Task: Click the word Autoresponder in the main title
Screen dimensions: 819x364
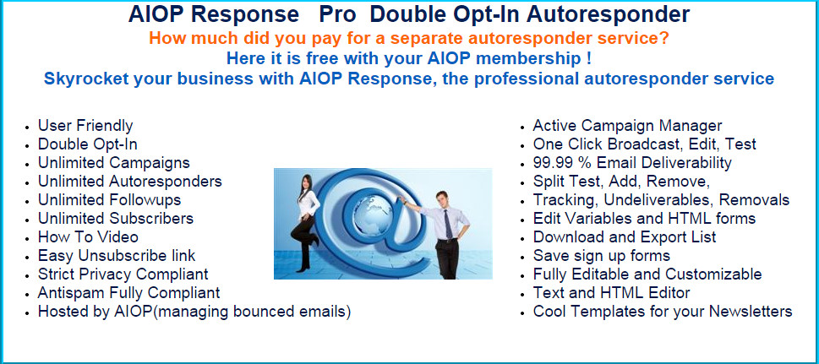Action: pyautogui.click(x=608, y=14)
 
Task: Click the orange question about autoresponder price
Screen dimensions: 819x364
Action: pyautogui.click(x=409, y=39)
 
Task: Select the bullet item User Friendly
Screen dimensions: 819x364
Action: pyautogui.click(x=85, y=125)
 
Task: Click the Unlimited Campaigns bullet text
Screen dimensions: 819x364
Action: pyautogui.click(x=114, y=162)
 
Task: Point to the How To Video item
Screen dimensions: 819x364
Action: pyautogui.click(x=88, y=236)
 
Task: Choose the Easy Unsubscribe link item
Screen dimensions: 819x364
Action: pyautogui.click(x=117, y=255)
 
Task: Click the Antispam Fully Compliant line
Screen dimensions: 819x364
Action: pyautogui.click(x=128, y=292)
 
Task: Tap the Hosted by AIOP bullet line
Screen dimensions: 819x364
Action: pyautogui.click(x=194, y=312)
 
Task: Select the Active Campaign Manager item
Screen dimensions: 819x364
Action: pyautogui.click(x=627, y=125)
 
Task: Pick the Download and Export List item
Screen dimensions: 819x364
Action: pyautogui.click(x=624, y=236)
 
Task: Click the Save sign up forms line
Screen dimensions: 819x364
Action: pyautogui.click(x=601, y=255)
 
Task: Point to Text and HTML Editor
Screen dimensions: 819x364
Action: pyautogui.click(x=611, y=292)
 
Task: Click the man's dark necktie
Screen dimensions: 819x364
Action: pyautogui.click(x=448, y=224)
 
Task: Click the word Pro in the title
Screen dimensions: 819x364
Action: pyautogui.click(x=337, y=14)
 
